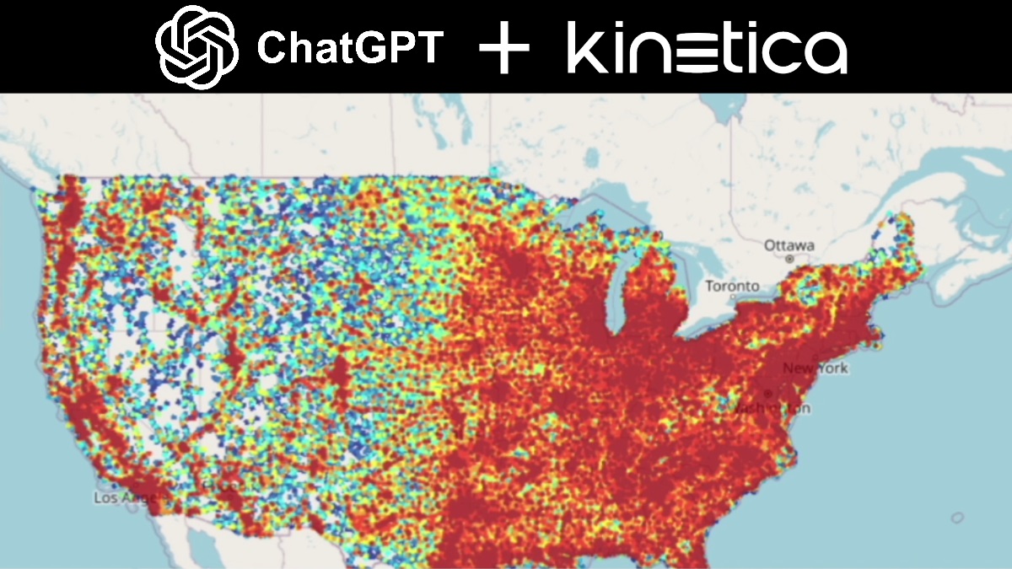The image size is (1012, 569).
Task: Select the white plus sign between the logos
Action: pos(504,49)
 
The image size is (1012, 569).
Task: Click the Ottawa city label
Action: pos(789,245)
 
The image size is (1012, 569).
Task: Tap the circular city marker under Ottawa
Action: pos(790,260)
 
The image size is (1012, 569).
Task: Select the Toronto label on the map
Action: pos(732,286)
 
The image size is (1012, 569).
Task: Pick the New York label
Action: pos(815,368)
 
